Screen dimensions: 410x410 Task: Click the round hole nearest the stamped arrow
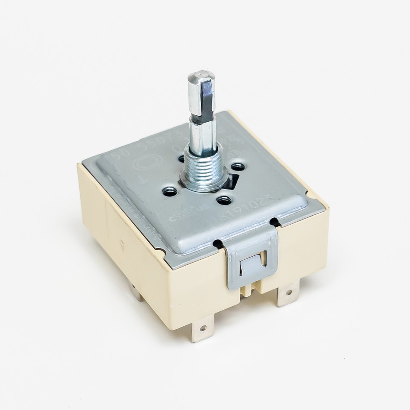coord(170,192)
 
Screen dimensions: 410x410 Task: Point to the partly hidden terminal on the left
coord(138,295)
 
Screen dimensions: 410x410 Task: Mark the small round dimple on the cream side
coord(123,245)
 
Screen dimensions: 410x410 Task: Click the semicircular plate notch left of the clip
coord(218,244)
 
